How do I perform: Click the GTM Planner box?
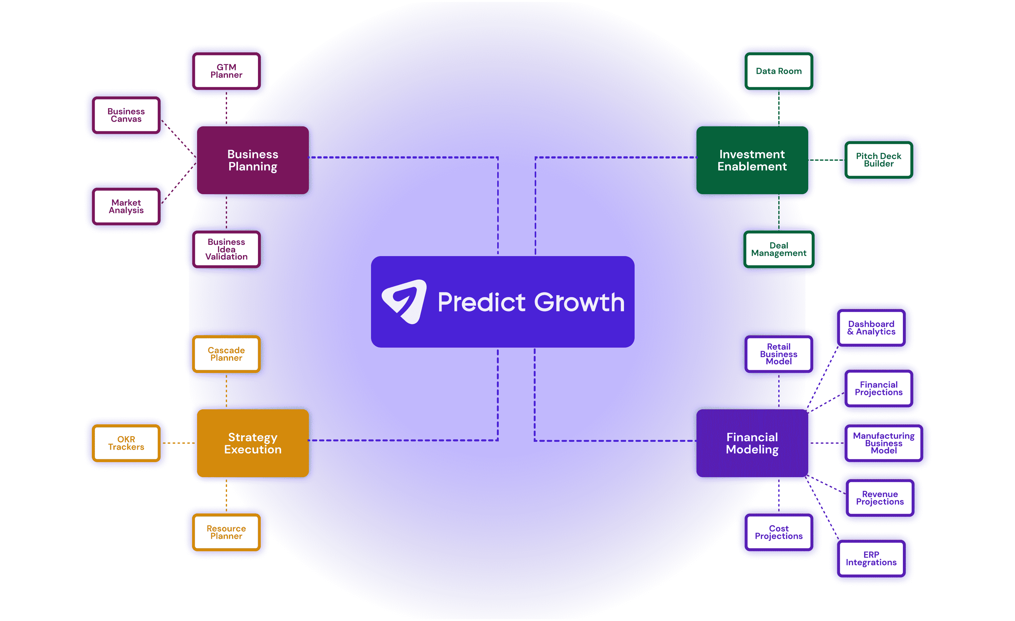pyautogui.click(x=226, y=71)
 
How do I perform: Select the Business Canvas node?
pyautogui.click(x=126, y=115)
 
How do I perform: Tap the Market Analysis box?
pyautogui.click(x=126, y=206)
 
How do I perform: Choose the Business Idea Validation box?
pyautogui.click(x=226, y=249)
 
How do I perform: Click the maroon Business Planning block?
pyautogui.click(x=253, y=160)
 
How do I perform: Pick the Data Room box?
pyautogui.click(x=779, y=71)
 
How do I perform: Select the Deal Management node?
pyautogui.click(x=779, y=249)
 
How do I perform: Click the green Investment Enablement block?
pyautogui.click(x=752, y=160)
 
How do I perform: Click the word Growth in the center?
pyautogui.click(x=580, y=302)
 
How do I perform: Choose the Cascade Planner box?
pyautogui.click(x=226, y=354)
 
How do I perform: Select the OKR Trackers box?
pyautogui.click(x=126, y=443)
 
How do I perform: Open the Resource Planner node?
pyautogui.click(x=226, y=532)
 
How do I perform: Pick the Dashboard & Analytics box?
pyautogui.click(x=871, y=328)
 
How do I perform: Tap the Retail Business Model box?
pyautogui.click(x=779, y=354)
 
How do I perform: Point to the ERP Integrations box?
pyautogui.click(x=871, y=558)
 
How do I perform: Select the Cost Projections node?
pyautogui.click(x=779, y=532)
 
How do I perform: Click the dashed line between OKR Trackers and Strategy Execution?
pyautogui.click(x=179, y=443)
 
